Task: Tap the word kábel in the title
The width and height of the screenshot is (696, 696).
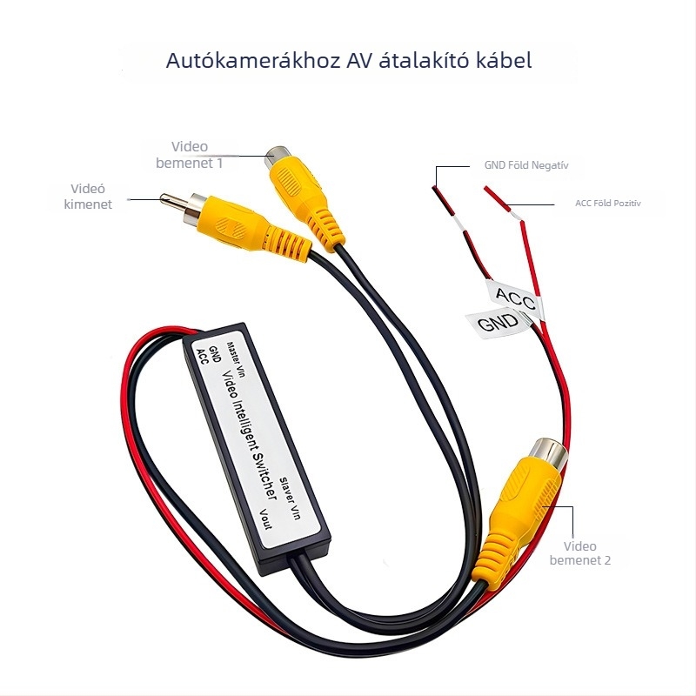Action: pos(504,60)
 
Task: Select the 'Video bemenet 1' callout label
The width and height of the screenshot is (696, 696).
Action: pos(190,155)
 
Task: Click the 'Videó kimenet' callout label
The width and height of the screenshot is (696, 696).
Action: pos(88,197)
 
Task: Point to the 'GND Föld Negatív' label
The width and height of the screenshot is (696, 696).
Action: pos(526,165)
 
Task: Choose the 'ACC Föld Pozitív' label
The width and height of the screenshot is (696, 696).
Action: pos(608,204)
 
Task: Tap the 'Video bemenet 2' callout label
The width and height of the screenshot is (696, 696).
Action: pos(580,553)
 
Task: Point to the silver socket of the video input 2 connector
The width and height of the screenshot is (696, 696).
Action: pos(548,455)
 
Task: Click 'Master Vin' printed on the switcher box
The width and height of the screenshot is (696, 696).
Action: pos(236,359)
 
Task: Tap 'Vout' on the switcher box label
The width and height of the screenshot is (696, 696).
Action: pos(265,519)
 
